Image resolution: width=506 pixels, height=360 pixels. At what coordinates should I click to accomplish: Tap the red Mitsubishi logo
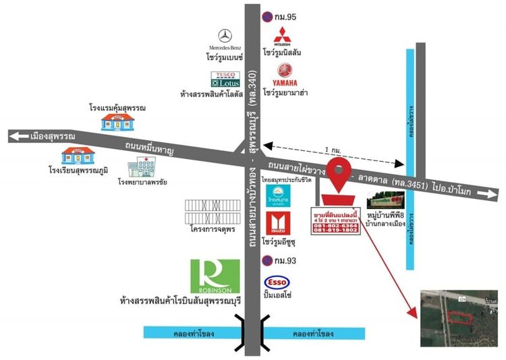click(281, 36)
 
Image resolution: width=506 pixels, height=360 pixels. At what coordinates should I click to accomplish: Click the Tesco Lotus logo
click(225, 79)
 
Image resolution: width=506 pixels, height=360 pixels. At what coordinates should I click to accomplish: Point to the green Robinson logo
click(215, 276)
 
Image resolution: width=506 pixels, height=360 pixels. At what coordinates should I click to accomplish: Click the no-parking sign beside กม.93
click(267, 261)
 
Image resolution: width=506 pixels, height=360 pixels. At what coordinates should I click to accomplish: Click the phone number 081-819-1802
click(336, 229)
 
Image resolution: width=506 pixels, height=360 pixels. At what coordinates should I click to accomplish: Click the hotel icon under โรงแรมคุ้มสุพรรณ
click(117, 122)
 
